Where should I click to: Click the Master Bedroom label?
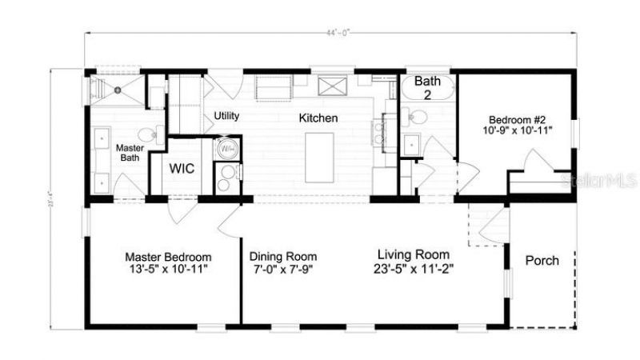click(x=167, y=257)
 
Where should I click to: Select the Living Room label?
click(x=413, y=254)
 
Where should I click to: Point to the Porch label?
click(x=542, y=261)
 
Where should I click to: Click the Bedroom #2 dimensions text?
click(x=518, y=128)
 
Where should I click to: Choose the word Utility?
click(x=226, y=116)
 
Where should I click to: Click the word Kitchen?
click(x=318, y=118)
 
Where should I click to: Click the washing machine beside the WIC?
click(x=226, y=149)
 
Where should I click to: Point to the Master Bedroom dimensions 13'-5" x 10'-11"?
click(x=167, y=270)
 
